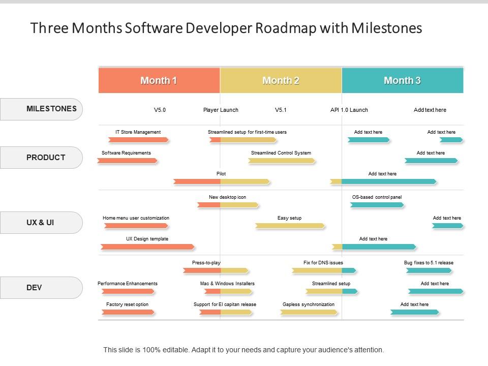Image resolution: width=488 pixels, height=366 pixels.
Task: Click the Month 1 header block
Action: pos(159,80)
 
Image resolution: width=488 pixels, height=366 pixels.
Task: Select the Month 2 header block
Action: pos(281,80)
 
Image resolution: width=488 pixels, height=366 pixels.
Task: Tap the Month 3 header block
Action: pos(403,80)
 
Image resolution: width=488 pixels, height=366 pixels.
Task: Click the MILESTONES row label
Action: pos(41,109)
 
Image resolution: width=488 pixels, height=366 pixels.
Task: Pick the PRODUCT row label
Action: pos(41,158)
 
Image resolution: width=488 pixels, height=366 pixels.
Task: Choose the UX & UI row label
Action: pos(41,223)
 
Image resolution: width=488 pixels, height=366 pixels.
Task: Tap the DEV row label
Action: pos(41,288)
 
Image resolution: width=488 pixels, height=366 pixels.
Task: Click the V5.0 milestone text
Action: pos(160,110)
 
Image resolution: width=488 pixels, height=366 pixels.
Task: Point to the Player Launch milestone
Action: pos(221,110)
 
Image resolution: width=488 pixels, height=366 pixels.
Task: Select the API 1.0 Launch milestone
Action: pos(349,110)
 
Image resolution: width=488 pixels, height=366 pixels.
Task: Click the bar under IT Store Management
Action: pos(138,140)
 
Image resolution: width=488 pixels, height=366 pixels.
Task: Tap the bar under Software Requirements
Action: pos(127,161)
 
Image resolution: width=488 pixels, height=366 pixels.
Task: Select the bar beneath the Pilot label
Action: pos(222,181)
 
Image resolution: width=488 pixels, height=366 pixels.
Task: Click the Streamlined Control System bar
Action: pos(282,161)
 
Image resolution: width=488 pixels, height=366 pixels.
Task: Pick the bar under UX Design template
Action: pos(147,247)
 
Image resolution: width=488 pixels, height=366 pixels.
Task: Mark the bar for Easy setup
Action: pos(290,226)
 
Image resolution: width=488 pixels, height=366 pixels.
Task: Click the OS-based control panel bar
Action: pos(377,205)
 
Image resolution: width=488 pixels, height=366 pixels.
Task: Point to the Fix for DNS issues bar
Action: pos(324,270)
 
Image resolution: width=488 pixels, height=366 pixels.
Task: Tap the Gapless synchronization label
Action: pos(309,304)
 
